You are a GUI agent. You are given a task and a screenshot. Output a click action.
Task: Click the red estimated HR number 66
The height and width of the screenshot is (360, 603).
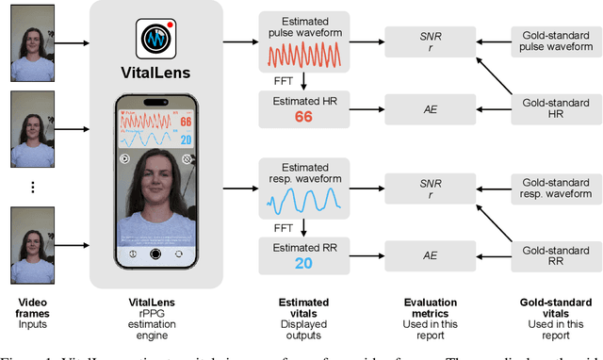coord(303,117)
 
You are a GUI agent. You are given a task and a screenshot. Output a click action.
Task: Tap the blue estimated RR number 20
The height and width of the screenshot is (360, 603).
coord(303,263)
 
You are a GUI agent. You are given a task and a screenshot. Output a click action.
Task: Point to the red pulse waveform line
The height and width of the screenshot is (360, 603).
coord(303,54)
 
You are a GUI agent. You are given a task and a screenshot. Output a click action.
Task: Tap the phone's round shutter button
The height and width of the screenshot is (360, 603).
coord(155,254)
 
